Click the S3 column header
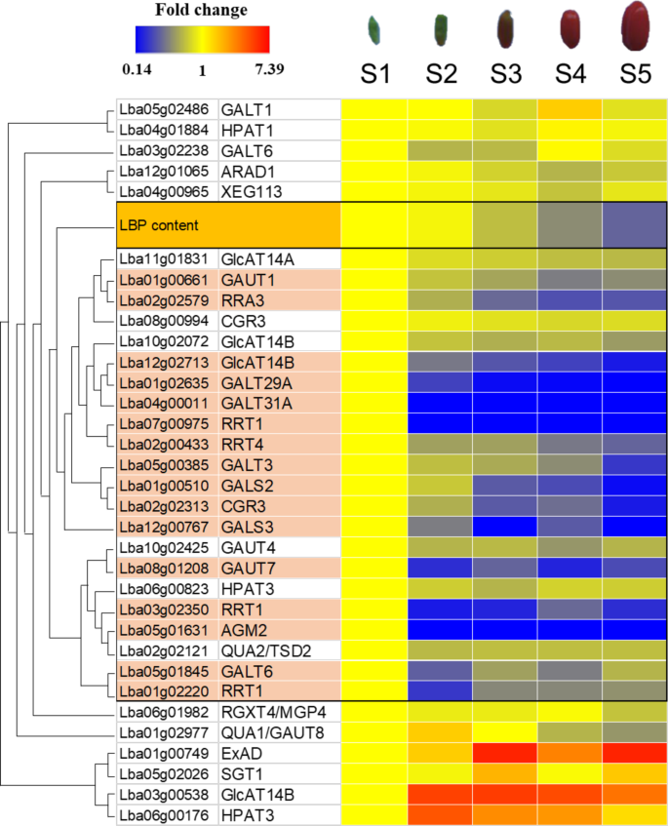pyautogui.click(x=504, y=74)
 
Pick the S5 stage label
pyautogui.click(x=635, y=74)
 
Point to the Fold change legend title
pyautogui.click(x=201, y=11)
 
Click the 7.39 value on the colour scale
pyautogui.click(x=267, y=70)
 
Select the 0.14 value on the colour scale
pyautogui.click(x=140, y=70)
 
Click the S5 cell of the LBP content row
pyautogui.click(x=635, y=225)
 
